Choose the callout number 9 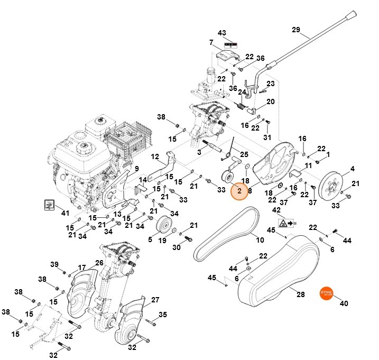coord(135,169)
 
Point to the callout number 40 coord(344,303)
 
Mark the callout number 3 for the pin coord(199,152)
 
